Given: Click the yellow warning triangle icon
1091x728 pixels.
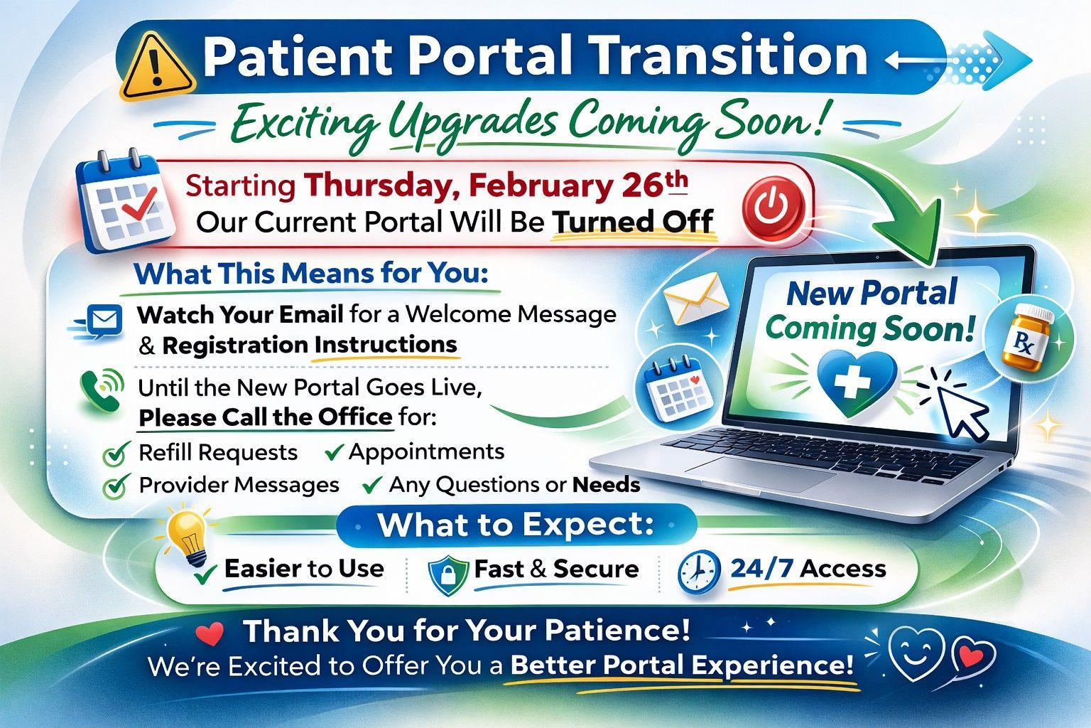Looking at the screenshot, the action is click(x=157, y=67).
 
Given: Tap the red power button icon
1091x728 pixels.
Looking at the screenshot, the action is click(x=772, y=207).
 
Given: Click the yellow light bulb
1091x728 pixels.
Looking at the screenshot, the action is click(x=188, y=535).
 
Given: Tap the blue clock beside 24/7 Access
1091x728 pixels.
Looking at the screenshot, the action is click(x=698, y=572).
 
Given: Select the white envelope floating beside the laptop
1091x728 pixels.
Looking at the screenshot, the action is click(x=695, y=299).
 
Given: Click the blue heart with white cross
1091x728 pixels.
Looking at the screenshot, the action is click(x=857, y=383).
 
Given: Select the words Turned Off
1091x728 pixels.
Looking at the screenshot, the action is click(x=633, y=221).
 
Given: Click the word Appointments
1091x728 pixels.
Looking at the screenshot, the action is click(x=427, y=452).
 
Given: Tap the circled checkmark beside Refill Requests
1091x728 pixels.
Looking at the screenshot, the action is click(x=116, y=453).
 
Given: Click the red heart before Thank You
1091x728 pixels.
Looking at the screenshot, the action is click(x=210, y=633).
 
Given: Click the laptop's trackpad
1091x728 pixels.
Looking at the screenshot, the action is click(x=761, y=473).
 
